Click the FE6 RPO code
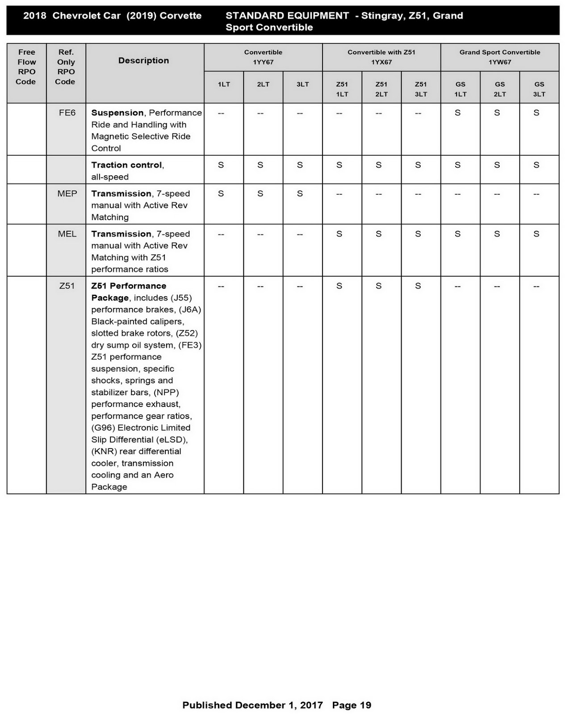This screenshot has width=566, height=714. [67, 113]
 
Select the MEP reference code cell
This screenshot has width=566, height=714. [67, 194]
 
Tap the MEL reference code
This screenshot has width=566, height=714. [67, 234]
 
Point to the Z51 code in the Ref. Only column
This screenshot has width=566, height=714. [67, 286]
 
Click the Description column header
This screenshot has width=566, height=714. [143, 61]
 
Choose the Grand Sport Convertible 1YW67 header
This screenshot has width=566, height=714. [499, 57]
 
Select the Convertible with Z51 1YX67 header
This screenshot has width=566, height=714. [381, 57]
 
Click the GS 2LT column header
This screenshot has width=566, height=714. [499, 89]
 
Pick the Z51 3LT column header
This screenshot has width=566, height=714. [420, 89]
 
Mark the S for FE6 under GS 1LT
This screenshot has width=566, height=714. [457, 113]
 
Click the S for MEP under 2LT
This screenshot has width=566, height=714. [260, 194]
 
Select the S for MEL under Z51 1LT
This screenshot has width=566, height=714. [339, 234]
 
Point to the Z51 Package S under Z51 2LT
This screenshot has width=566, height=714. [378, 286]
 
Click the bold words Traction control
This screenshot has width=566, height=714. [126, 165]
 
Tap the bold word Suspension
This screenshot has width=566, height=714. [117, 113]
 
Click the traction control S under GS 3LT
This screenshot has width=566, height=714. [536, 165]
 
